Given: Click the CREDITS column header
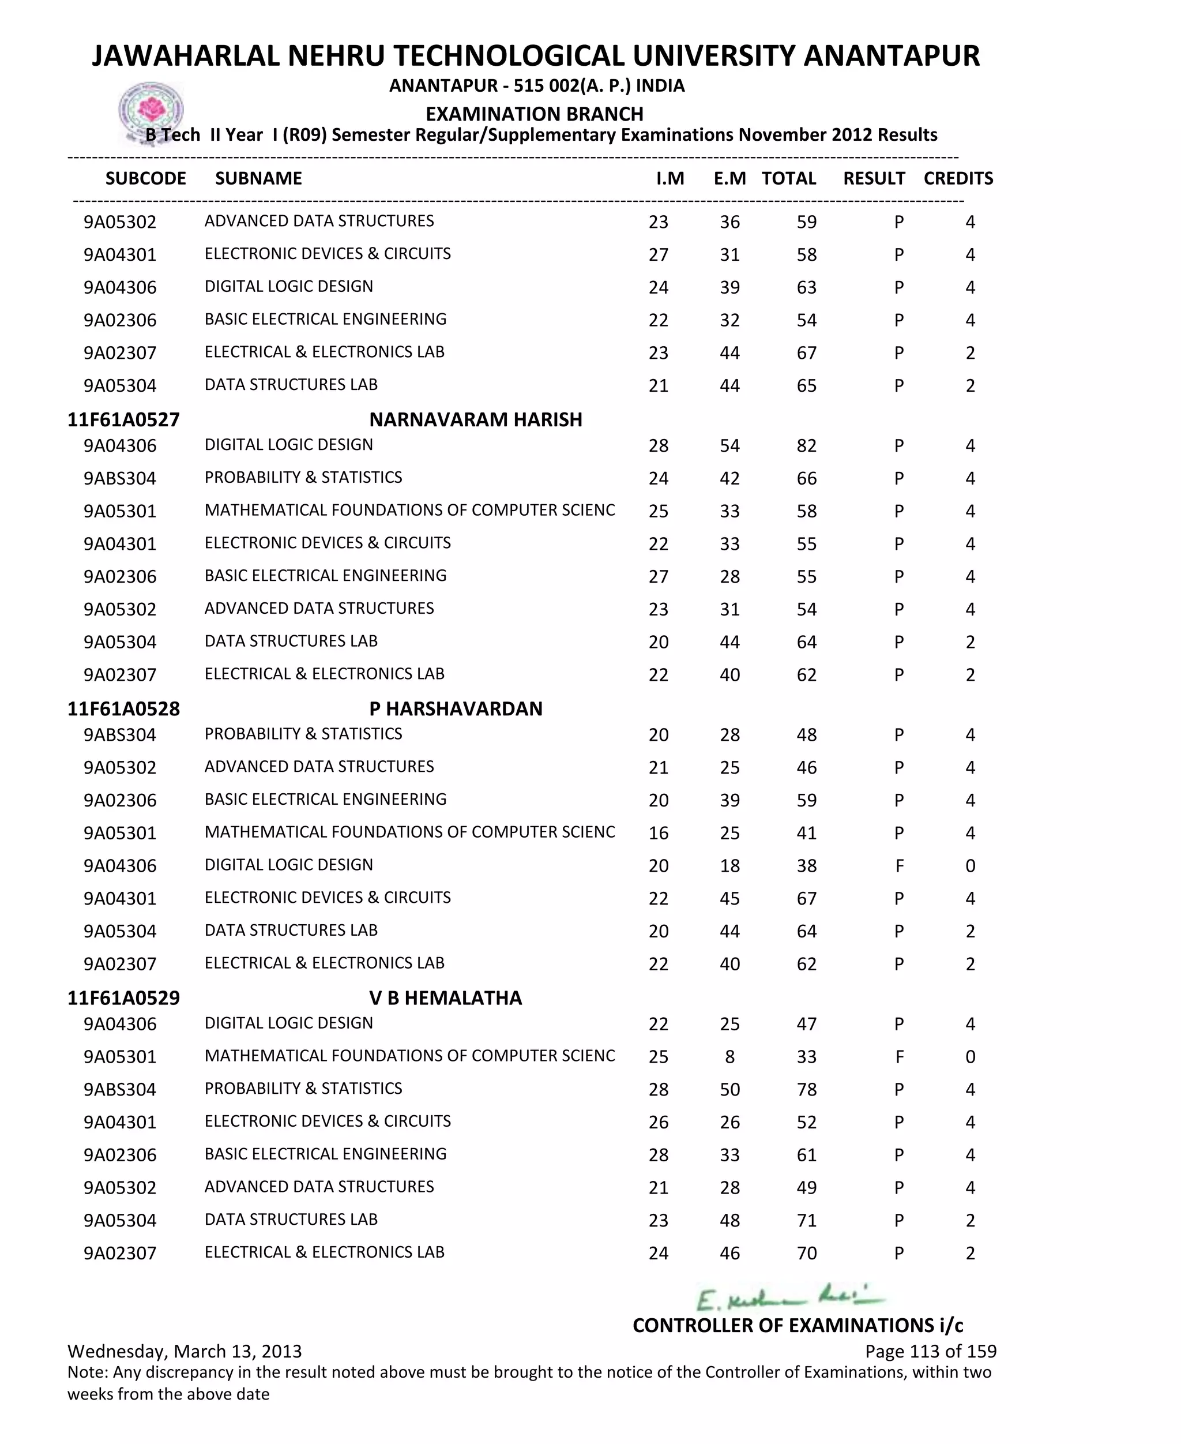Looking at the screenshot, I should point(958,178).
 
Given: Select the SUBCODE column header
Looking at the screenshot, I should point(145,178).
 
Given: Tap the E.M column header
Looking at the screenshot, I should point(729,178).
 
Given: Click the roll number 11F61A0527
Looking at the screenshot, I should point(123,419).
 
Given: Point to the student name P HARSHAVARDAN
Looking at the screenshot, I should point(456,708).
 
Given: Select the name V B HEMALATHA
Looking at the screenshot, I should point(446,997).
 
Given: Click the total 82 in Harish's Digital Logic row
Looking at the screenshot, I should point(806,446).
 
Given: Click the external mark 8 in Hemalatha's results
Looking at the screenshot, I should point(729,1057).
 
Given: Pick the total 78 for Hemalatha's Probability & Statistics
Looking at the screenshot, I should point(806,1089).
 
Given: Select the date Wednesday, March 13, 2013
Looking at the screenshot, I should point(185,1351).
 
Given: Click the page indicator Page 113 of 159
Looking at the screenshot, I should point(930,1351).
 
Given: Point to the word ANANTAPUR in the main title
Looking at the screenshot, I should point(892,56).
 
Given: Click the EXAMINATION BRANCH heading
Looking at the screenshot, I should point(535,114).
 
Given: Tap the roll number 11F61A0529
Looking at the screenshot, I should point(123,997).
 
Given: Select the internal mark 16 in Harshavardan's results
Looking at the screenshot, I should point(658,833).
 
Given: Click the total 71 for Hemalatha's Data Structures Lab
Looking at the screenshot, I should point(806,1220).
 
